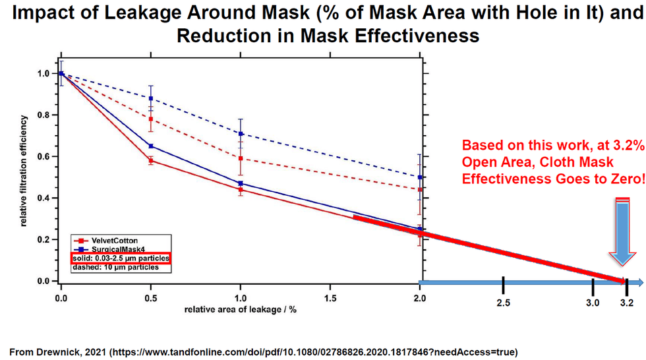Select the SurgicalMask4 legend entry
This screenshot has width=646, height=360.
pos(105,249)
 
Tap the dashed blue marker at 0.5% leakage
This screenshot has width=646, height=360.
pos(151,98)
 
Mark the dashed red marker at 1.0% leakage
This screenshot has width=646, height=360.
pos(241,158)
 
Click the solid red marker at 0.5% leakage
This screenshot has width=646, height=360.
pos(151,160)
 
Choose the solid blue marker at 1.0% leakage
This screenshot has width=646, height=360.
pos(241,183)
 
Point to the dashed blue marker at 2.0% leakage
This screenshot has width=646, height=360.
pos(420,177)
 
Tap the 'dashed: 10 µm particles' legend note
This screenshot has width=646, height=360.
pos(116,268)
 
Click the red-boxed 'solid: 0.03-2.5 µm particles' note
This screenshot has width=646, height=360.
pos(121,258)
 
